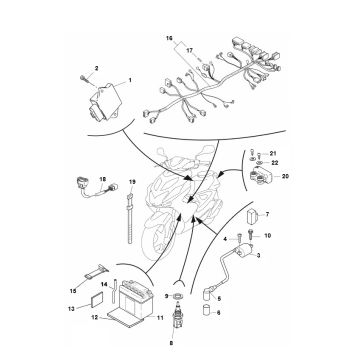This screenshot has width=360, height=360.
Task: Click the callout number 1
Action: coord(130,78)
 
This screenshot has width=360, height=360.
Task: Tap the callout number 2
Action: coord(96,66)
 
